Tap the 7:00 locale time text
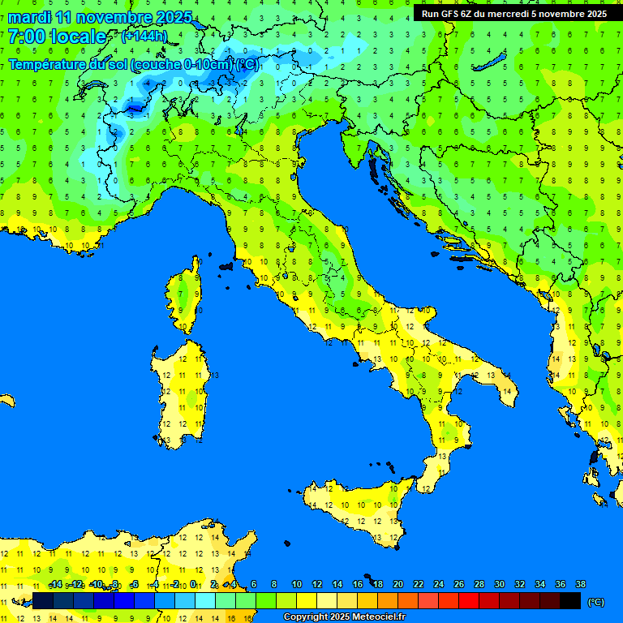57,37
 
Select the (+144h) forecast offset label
144,37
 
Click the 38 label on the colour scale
580,584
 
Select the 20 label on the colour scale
397,584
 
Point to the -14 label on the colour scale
55,584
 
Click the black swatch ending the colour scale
570,601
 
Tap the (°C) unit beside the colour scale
595,602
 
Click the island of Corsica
186,296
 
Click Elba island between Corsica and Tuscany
226,265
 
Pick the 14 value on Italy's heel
506,392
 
